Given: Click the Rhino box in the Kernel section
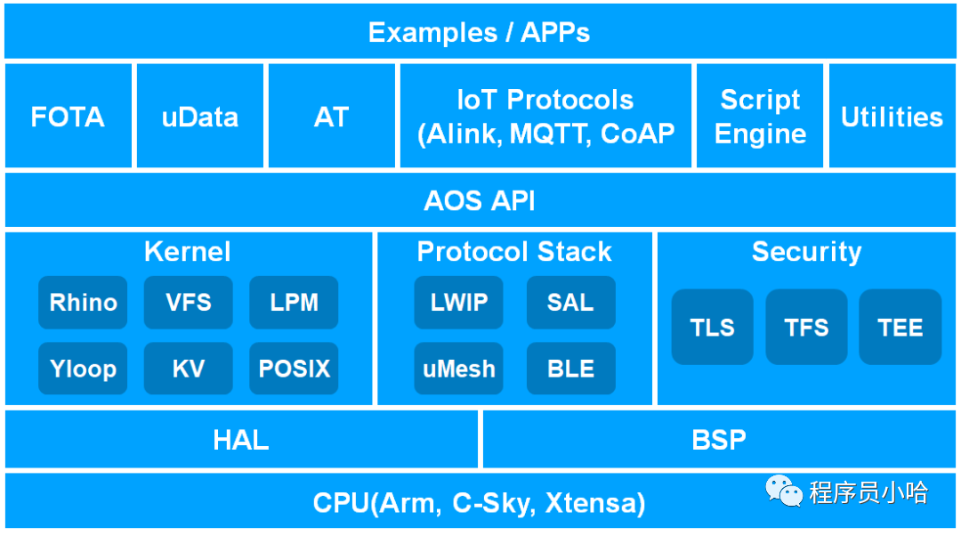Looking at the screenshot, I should tap(83, 303).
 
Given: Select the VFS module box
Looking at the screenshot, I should tap(189, 303).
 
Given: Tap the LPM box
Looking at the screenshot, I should tap(294, 303).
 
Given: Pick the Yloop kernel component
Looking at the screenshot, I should tap(83, 369).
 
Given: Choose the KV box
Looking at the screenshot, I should tap(189, 369).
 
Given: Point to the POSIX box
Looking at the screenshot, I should tap(294, 369).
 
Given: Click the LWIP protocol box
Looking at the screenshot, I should tap(459, 303).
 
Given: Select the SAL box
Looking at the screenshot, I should tap(570, 303).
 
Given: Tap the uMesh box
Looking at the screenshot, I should tap(459, 369).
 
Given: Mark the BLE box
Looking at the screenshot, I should tap(570, 369).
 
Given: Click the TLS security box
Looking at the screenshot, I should tap(713, 327).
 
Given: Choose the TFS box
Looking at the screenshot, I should tap(807, 327).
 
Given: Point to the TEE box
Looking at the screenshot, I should tap(900, 327).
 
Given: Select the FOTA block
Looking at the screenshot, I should tap(68, 117).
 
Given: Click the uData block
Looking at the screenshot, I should tap(200, 117).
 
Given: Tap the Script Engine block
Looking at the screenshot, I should tap(760, 117).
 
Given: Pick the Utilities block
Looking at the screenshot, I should tap(892, 117).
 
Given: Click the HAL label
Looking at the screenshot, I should tap(241, 440).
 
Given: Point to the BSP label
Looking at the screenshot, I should tap(719, 440).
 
